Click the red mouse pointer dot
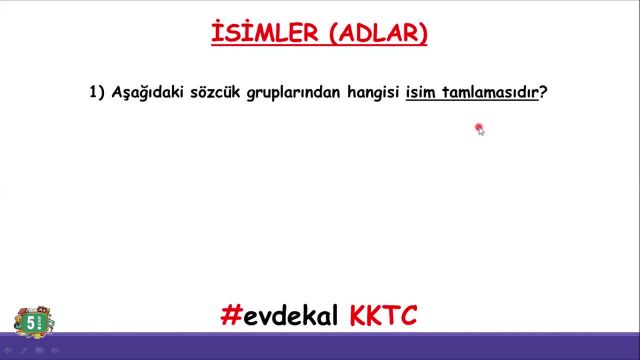479,127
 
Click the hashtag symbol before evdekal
231,316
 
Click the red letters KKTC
384,316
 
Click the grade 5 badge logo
33,322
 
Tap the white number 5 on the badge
31,322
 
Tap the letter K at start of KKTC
360,316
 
